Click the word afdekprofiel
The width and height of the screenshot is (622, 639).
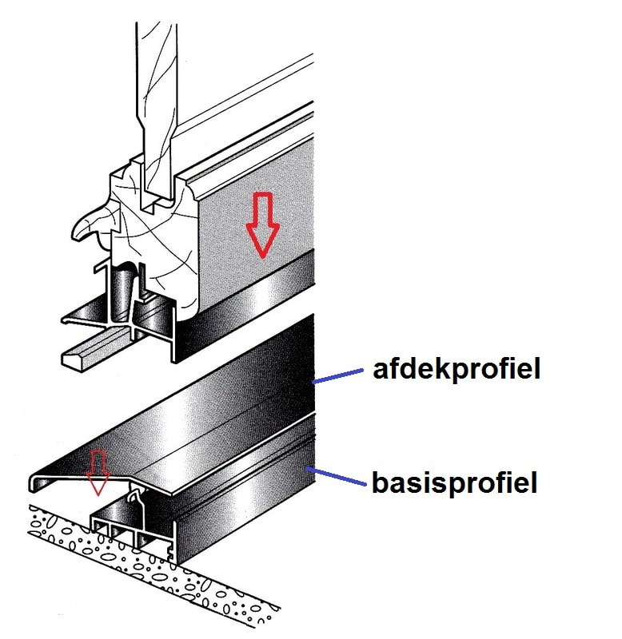[457, 370]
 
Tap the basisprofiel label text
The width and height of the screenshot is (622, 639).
[454, 483]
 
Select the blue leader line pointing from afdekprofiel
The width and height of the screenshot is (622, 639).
[337, 376]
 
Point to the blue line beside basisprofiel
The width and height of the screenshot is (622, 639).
[335, 476]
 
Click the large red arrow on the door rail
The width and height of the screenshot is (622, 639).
[262, 224]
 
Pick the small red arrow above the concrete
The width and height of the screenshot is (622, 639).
[98, 472]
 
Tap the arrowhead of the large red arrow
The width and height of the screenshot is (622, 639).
[262, 240]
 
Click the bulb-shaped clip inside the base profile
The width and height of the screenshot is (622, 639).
[135, 497]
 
